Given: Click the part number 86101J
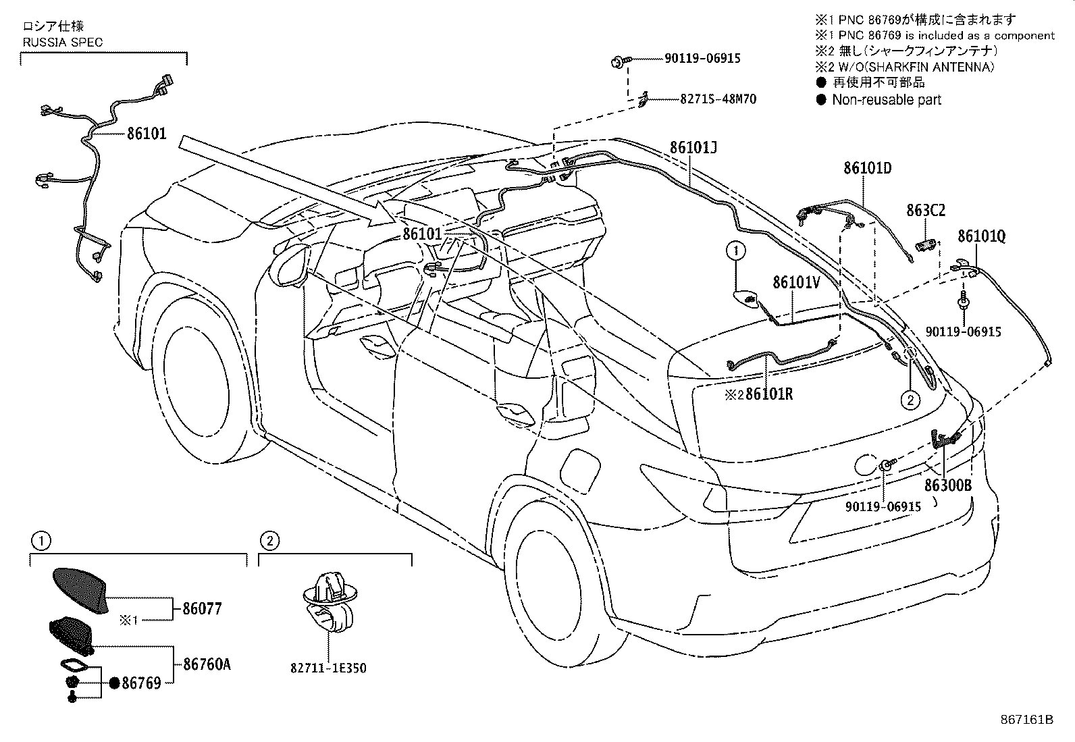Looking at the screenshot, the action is tap(693, 147).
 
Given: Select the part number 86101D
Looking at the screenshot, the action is tap(868, 168).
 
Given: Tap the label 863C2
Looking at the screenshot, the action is tap(926, 210).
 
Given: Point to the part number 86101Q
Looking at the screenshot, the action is tap(982, 236).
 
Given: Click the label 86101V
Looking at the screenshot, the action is tap(797, 283).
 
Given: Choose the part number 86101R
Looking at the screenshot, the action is tap(769, 394).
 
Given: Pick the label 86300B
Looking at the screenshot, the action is tap(948, 485).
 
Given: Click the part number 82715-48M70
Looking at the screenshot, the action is tap(718, 99).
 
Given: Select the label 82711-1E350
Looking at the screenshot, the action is tap(328, 668).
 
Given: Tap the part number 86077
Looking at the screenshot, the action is tap(203, 609).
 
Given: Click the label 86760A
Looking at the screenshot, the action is tap(207, 664).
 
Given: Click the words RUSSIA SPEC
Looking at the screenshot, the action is tap(63, 43).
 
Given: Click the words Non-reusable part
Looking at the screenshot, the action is tap(887, 100).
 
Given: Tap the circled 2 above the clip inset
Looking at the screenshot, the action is tap(269, 541).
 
